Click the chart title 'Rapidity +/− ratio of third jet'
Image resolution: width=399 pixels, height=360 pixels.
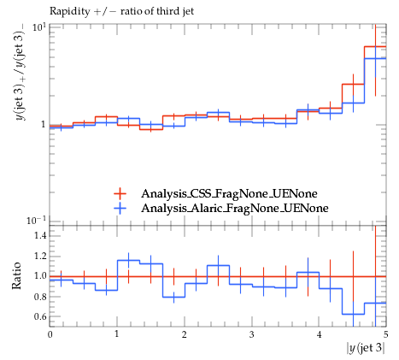[x=121, y=12]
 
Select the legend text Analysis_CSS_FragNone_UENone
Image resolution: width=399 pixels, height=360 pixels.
[x=229, y=194]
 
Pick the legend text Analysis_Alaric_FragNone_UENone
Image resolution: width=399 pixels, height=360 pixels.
[x=235, y=208]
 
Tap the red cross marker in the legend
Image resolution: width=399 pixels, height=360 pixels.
[x=120, y=194]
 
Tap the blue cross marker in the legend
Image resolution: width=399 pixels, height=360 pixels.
[x=120, y=209]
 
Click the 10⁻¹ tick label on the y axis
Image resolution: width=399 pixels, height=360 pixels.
[x=36, y=220]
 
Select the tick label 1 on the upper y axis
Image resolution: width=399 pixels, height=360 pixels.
[x=43, y=125]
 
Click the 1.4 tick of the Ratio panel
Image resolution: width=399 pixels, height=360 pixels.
[x=40, y=236]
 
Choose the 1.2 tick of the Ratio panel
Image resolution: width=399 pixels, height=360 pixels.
[x=40, y=256]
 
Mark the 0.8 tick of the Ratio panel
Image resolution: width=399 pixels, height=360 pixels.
[x=40, y=297]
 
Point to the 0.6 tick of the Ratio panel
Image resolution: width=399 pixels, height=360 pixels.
[x=40, y=316]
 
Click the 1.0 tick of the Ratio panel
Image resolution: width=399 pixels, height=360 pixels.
[x=40, y=276]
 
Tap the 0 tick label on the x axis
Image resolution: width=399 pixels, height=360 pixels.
[x=50, y=334]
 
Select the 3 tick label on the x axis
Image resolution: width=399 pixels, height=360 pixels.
[x=251, y=334]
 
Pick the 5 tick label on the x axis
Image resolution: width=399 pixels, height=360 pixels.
[x=385, y=334]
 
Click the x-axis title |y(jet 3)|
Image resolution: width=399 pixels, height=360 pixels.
[x=366, y=348]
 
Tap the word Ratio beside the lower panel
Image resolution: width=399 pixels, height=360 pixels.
[x=17, y=276]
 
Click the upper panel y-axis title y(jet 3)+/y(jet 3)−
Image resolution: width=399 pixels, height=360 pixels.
[x=21, y=72]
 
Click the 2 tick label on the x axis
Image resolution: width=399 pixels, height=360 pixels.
[x=185, y=334]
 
